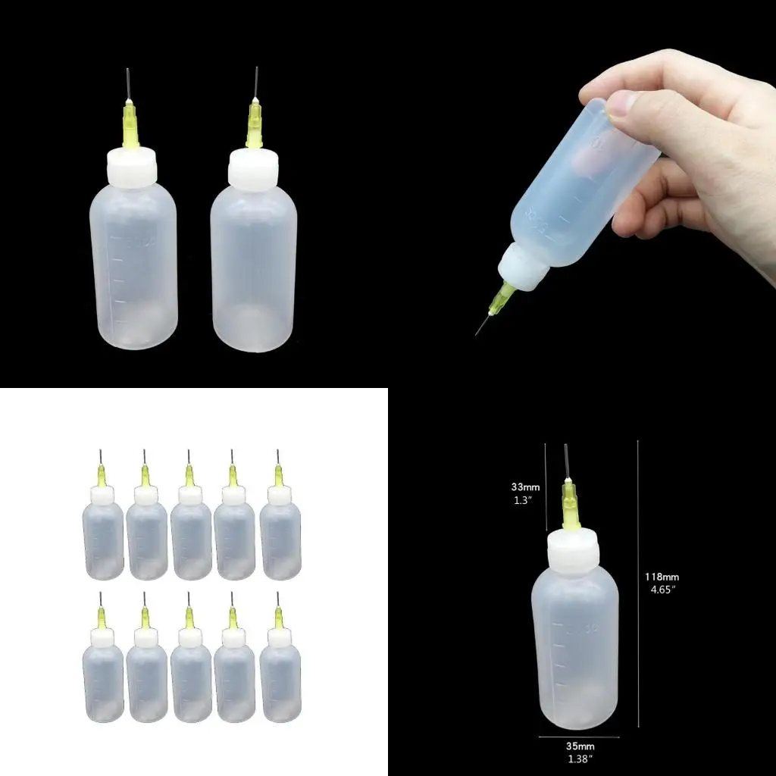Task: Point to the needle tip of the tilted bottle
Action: click(477, 333)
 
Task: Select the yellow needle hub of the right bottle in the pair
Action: click(253, 125)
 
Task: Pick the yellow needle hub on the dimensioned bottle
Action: click(569, 504)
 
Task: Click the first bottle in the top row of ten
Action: click(102, 530)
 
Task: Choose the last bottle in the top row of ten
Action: click(280, 530)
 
